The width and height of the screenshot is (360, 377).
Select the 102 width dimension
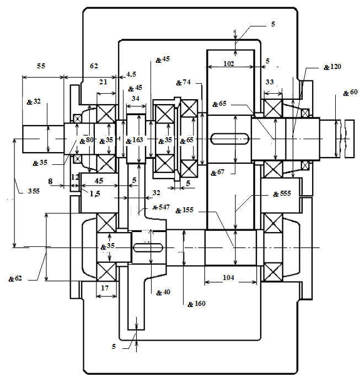click(x=228, y=63)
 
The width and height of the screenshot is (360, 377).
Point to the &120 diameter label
click(x=332, y=67)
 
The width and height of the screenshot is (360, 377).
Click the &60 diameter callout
click(x=350, y=92)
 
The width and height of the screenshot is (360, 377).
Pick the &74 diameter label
click(x=184, y=83)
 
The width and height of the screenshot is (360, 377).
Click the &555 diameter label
click(x=282, y=194)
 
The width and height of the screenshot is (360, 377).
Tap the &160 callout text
click(x=196, y=304)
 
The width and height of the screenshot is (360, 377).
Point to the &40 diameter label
click(x=163, y=292)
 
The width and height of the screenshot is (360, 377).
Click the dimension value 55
click(x=41, y=66)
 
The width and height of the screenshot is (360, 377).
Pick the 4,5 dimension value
click(x=131, y=74)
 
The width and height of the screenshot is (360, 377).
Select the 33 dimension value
click(x=270, y=82)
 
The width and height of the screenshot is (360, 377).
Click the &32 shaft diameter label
click(x=33, y=102)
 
